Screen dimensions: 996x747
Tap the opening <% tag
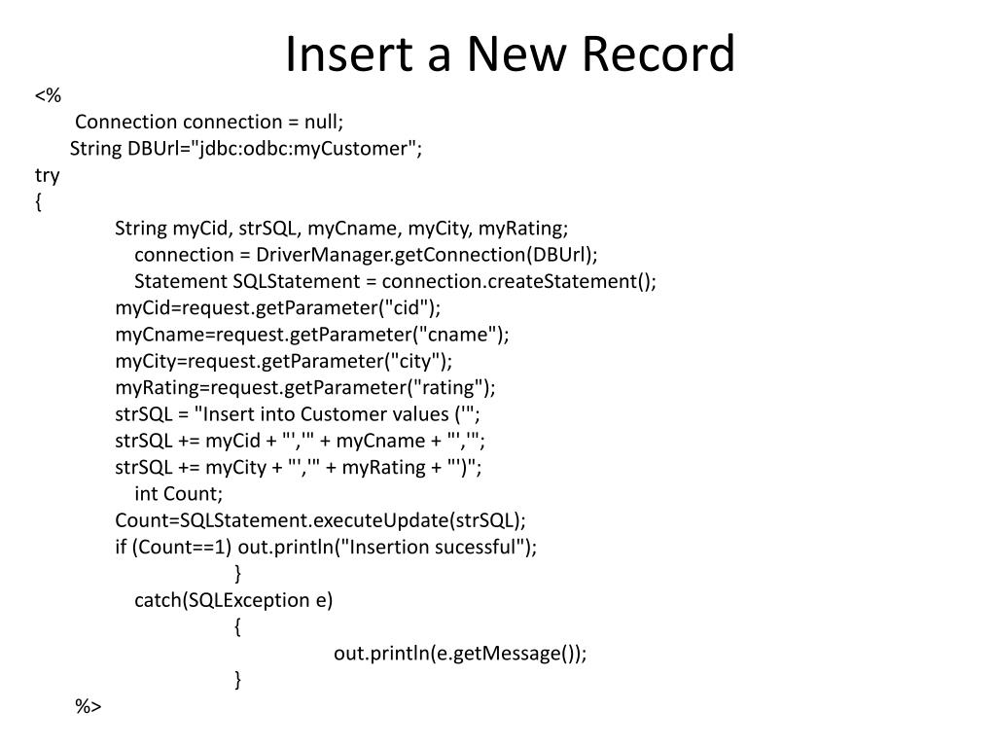pos(48,95)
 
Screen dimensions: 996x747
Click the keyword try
pos(47,175)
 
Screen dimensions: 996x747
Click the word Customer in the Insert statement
pos(347,414)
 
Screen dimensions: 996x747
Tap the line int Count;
pos(178,493)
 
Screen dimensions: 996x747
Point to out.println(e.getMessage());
pos(460,654)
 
